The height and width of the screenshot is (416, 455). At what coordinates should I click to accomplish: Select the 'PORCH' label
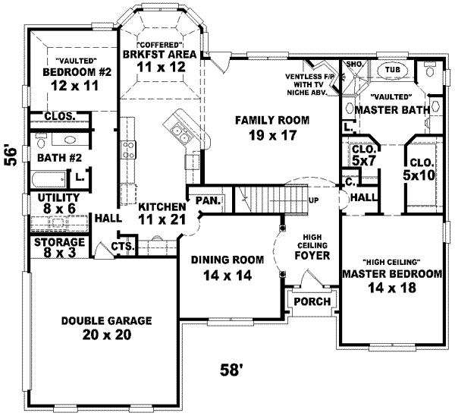click(312, 301)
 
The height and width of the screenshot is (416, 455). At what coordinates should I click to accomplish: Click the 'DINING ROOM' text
click(227, 260)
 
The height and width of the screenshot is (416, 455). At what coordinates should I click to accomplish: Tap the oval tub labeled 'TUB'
click(392, 69)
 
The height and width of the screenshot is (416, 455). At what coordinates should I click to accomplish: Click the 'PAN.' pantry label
click(207, 200)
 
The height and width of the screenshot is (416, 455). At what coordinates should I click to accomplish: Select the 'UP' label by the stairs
click(312, 201)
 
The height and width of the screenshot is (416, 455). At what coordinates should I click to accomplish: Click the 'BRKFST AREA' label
click(159, 54)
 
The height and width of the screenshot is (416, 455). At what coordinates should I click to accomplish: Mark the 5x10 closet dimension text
click(420, 175)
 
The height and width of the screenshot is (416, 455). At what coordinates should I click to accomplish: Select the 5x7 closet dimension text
click(364, 161)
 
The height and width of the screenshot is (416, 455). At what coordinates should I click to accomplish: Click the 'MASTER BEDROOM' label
click(391, 273)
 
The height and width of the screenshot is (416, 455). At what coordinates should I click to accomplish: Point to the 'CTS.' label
click(122, 246)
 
